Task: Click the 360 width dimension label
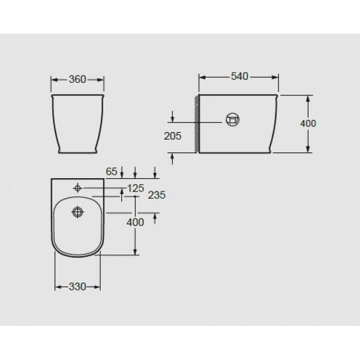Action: [77, 79]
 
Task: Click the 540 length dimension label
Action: [239, 76]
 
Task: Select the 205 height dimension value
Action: [173, 136]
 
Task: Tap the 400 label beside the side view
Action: [308, 124]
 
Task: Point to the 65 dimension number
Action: [112, 172]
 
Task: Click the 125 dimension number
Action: [136, 188]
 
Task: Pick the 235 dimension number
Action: [157, 196]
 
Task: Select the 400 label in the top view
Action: [135, 222]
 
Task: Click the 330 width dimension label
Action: [77, 287]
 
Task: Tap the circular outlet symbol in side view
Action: [233, 119]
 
